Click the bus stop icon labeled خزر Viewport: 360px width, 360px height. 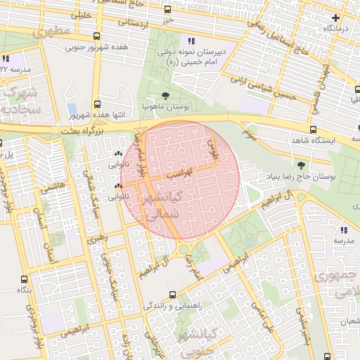[167, 10]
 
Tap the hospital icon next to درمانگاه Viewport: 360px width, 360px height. [336, 17]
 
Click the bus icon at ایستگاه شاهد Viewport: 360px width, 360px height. [313, 129]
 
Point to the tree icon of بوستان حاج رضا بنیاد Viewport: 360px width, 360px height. [302, 165]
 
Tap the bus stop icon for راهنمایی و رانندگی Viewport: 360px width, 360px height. [172, 295]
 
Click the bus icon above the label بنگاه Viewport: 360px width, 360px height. [25, 279]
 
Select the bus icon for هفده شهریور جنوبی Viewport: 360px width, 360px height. [96, 37]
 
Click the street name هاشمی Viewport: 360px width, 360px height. [50, 188]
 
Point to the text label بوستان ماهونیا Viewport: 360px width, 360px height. [164, 107]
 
